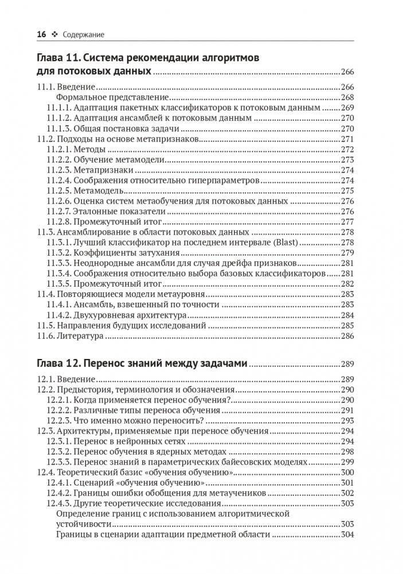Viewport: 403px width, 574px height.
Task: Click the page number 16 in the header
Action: tap(41, 34)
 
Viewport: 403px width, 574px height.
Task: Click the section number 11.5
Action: tap(45, 326)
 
